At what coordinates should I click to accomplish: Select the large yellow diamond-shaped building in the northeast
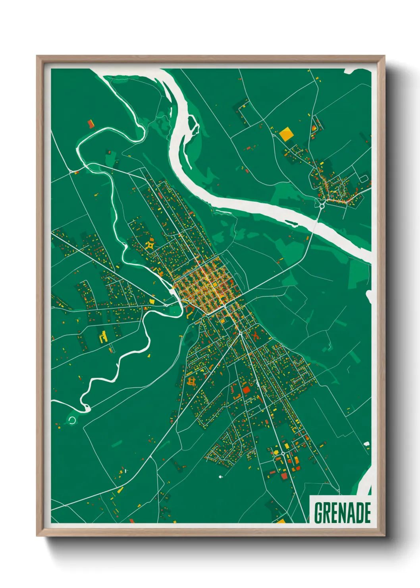point(286,133)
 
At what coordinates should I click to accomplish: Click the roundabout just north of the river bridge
point(322,205)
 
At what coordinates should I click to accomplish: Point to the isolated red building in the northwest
point(91,124)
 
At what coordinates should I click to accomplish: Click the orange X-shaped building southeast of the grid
point(255,336)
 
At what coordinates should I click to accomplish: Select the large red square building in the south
point(246,389)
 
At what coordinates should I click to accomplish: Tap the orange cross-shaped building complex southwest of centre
point(192,382)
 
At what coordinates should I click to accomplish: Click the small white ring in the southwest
point(72,420)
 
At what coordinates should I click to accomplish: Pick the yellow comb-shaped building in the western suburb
point(103,337)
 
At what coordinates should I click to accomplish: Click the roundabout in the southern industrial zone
point(283,453)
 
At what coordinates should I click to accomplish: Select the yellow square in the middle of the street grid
point(214,284)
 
